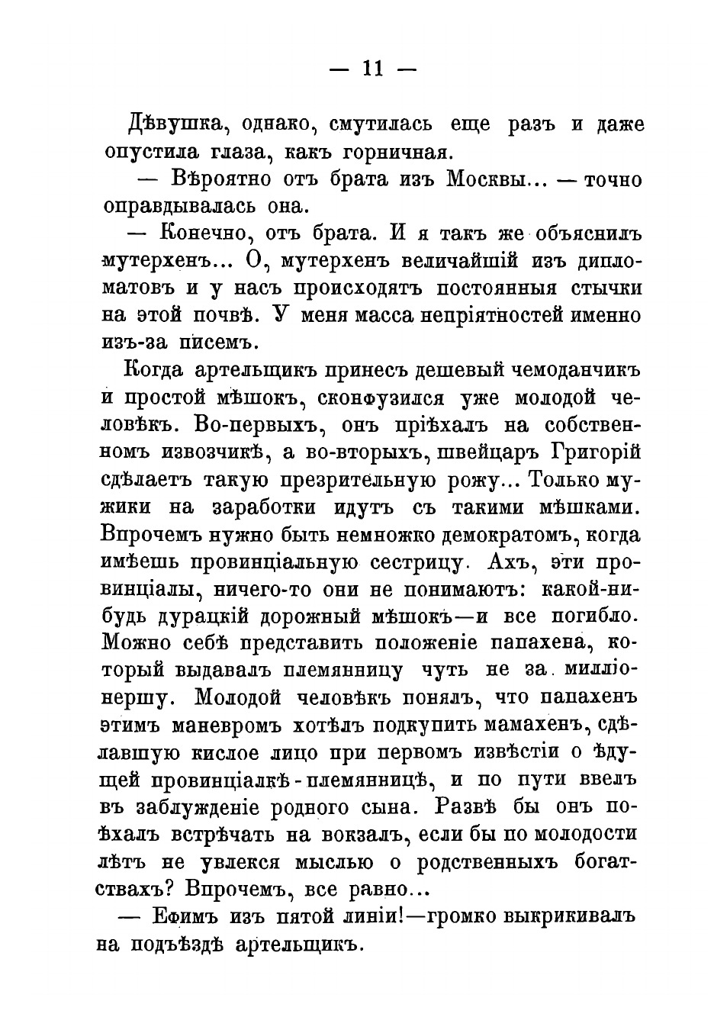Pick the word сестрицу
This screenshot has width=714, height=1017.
click(x=415, y=562)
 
